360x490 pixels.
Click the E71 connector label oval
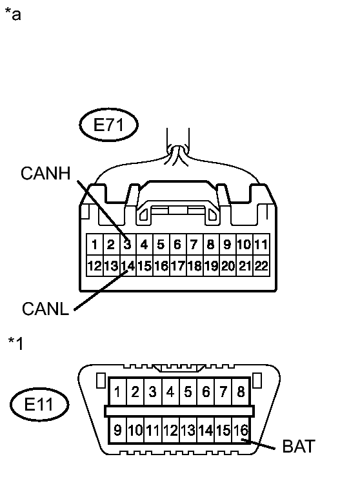(x=109, y=125)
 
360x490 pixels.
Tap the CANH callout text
(x=45, y=173)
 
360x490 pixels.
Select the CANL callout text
(x=45, y=309)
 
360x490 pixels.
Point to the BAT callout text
(x=299, y=446)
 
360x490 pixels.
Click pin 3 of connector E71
(x=128, y=245)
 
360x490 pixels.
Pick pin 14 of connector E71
(x=128, y=265)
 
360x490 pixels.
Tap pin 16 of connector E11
(x=240, y=429)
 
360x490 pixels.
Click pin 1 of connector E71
(x=94, y=245)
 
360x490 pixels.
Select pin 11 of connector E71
(x=261, y=245)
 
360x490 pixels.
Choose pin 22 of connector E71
(x=261, y=265)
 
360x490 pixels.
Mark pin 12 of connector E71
(x=94, y=265)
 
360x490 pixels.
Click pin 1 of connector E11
(x=118, y=391)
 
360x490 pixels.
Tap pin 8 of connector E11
(x=241, y=391)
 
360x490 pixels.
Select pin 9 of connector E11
(x=118, y=429)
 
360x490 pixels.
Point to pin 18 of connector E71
(x=194, y=265)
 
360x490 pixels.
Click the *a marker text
(x=13, y=14)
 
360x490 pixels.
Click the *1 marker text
(x=15, y=343)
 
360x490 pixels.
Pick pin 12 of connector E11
(x=170, y=429)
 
